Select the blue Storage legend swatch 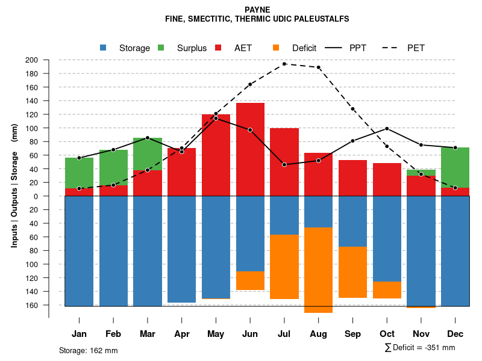pos(103,48)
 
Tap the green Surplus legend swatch pos(161,48)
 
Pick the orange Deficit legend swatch pos(276,48)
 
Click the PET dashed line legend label pos(416,48)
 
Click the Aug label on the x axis pos(318,334)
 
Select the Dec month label pos(455,334)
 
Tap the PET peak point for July pos(284,64)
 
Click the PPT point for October pos(387,129)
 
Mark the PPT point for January pos(79,158)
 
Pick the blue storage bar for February pos(113,251)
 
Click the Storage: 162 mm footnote pos(88,350)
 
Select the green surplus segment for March pos(148,154)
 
